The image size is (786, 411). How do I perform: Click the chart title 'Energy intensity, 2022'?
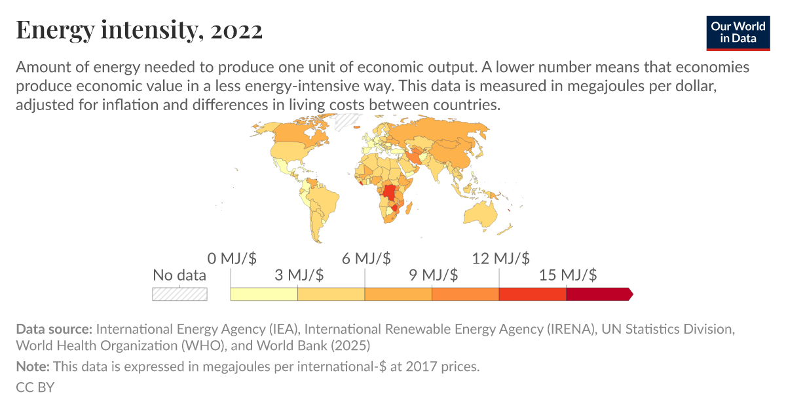click(139, 31)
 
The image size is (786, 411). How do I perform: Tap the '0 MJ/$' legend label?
click(230, 258)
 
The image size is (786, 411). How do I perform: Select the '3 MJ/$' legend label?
click(299, 275)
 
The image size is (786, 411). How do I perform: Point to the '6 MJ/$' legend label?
click(366, 258)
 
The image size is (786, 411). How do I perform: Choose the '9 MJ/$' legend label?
click(434, 275)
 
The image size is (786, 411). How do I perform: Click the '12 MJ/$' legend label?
click(500, 258)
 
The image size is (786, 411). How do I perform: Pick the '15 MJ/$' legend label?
click(568, 275)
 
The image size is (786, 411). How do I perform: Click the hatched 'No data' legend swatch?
click(179, 294)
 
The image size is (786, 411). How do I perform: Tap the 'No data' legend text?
click(179, 275)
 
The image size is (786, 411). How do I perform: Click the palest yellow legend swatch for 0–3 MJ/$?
click(264, 294)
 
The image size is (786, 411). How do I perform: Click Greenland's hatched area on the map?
click(345, 122)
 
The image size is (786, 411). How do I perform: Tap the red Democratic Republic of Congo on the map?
click(391, 193)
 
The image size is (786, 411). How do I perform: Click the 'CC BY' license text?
click(35, 387)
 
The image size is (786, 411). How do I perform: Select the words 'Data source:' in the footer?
click(54, 328)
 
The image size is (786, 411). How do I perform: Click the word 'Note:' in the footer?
click(33, 366)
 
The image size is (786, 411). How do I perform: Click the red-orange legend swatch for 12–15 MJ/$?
click(532, 294)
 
